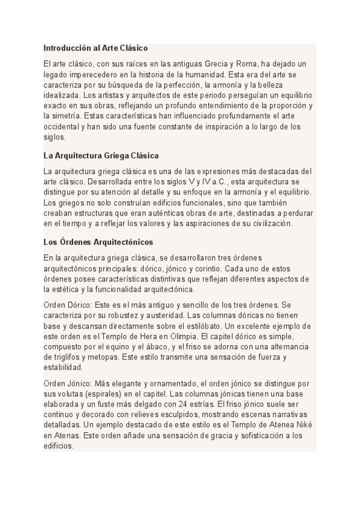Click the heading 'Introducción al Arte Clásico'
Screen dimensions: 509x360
click(x=95, y=47)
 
